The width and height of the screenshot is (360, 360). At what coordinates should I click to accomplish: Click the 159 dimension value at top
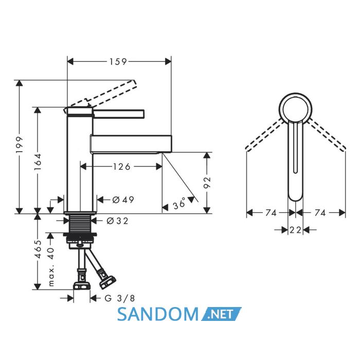pyautogui.click(x=118, y=62)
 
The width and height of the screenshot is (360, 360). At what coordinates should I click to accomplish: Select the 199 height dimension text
pyautogui.click(x=20, y=145)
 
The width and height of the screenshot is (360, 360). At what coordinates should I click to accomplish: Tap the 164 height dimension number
pyautogui.click(x=38, y=162)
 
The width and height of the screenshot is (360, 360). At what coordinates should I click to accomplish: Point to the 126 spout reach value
pyautogui.click(x=122, y=167)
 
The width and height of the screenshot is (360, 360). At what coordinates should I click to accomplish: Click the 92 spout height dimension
pyautogui.click(x=207, y=183)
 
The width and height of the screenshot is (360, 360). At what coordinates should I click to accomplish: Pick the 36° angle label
pyautogui.click(x=179, y=203)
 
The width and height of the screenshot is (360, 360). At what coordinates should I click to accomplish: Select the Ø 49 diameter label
pyautogui.click(x=123, y=200)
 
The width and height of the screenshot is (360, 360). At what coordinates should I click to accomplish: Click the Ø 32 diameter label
pyautogui.click(x=117, y=221)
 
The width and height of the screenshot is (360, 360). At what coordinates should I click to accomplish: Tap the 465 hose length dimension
pyautogui.click(x=38, y=249)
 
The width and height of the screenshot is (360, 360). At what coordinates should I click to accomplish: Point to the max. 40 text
pyautogui.click(x=51, y=267)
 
